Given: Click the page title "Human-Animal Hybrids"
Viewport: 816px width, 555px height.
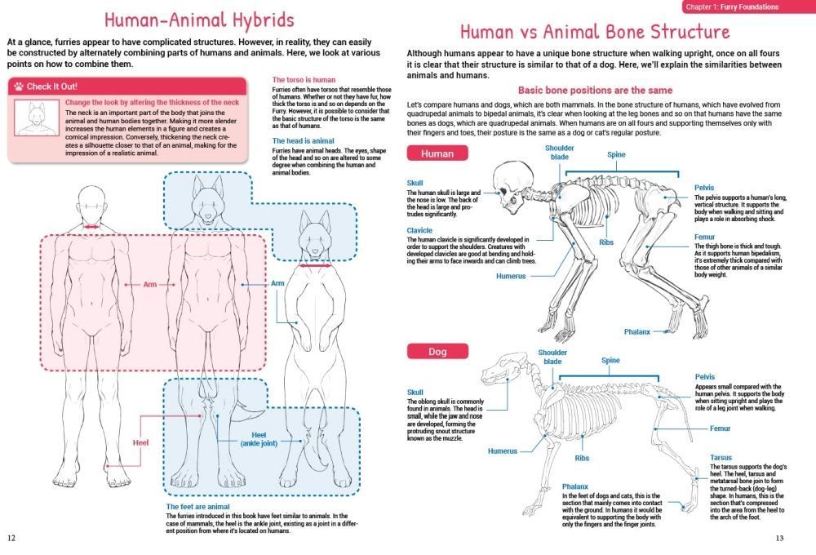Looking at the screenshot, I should (187, 19).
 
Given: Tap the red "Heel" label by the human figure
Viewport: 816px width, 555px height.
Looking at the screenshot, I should (140, 442).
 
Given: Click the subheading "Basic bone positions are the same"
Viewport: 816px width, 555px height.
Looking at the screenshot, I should (595, 90).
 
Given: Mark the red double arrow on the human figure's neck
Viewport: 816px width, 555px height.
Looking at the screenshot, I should (91, 227).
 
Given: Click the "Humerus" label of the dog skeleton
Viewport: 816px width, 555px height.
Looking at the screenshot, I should (503, 451).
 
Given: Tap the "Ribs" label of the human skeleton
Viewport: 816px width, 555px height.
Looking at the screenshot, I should (606, 242).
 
